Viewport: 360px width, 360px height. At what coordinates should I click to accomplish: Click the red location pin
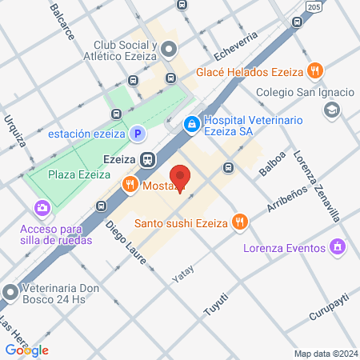click(180, 178)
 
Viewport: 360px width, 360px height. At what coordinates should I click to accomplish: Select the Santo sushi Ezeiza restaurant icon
click(238, 222)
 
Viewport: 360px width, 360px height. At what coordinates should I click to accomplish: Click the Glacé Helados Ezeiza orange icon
click(316, 71)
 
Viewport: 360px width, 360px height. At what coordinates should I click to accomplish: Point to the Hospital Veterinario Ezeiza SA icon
click(193, 125)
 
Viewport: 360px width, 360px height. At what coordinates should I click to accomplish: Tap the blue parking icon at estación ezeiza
click(137, 134)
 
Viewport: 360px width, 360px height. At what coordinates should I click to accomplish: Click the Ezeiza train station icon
click(147, 159)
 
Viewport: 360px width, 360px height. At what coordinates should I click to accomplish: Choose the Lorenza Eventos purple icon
click(339, 246)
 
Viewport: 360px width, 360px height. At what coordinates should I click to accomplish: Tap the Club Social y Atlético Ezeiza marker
click(168, 50)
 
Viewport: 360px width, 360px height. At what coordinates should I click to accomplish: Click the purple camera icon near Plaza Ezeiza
click(42, 209)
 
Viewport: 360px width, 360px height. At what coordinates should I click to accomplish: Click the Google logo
click(26, 350)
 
